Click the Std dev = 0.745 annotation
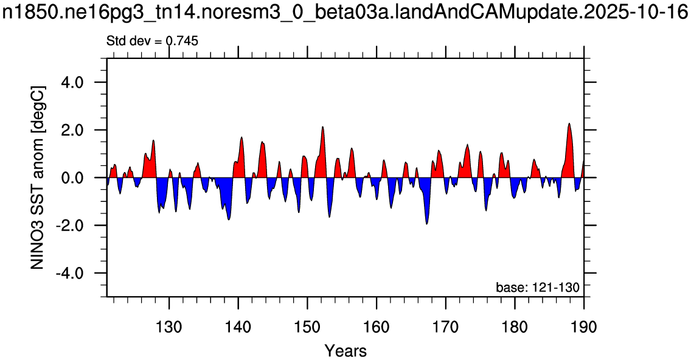153,41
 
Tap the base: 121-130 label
537,288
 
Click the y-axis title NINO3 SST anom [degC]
38,178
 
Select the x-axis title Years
345,351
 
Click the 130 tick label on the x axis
169,327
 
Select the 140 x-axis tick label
238,327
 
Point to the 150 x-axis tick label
308,327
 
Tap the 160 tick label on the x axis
377,327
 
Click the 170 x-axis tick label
446,327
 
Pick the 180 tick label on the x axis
515,327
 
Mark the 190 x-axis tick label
584,327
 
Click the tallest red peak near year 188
569,124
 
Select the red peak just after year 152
322,127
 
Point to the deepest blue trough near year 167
426,224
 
